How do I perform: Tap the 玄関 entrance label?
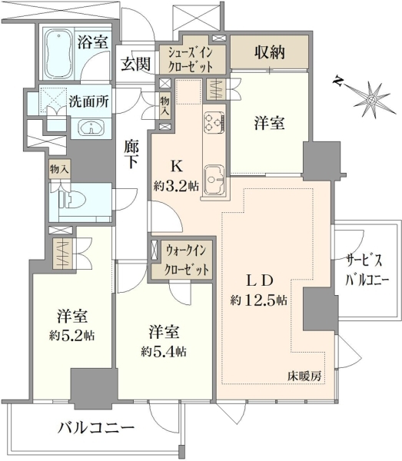click(x=136, y=64)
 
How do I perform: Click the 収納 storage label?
click(x=269, y=52)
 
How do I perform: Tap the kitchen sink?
click(x=214, y=181)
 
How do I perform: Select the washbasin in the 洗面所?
click(x=91, y=128)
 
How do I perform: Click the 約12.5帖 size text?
click(x=259, y=300)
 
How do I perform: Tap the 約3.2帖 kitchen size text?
click(x=176, y=186)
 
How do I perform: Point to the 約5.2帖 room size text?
click(x=71, y=335)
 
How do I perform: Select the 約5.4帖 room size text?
click(x=164, y=351)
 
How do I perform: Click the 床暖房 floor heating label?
click(x=304, y=376)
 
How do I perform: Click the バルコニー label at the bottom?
click(x=96, y=428)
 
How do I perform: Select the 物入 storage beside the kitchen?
click(x=164, y=105)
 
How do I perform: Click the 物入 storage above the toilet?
click(x=59, y=169)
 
